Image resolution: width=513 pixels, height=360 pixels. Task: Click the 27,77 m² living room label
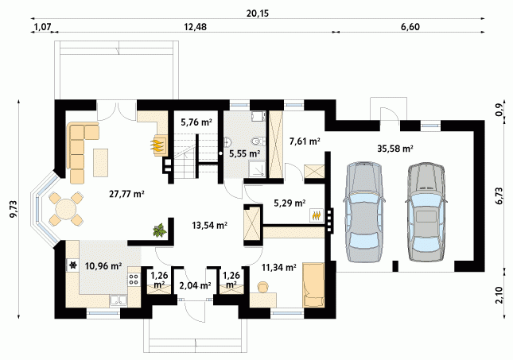point(127,194)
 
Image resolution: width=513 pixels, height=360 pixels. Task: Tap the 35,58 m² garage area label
point(395,149)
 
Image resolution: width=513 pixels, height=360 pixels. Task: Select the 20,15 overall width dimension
point(258,14)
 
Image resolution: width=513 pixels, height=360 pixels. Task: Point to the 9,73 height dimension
point(14,209)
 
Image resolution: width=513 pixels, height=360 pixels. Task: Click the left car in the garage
point(363,211)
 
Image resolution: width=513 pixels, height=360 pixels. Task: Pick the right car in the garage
point(425,211)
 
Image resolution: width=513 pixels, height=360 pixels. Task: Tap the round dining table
point(65,209)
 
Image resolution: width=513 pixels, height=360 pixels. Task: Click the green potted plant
point(160,230)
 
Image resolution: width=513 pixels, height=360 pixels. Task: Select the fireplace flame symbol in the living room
point(157,145)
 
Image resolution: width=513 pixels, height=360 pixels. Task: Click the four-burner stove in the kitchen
point(134,280)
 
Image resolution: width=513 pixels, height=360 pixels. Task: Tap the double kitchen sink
point(119,301)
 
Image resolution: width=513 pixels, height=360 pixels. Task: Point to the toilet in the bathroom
point(257,141)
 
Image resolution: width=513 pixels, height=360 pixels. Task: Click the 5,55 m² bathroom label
point(245,153)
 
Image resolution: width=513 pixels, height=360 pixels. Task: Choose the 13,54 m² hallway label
point(209,225)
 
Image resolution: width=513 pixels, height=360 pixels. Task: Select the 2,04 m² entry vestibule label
point(195,285)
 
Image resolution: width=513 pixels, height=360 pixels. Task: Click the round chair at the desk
point(262,286)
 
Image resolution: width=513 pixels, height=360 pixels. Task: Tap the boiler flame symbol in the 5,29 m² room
point(317,216)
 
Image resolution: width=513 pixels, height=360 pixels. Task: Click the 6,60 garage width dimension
point(410,27)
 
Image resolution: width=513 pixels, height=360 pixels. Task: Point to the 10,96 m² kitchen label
point(103,266)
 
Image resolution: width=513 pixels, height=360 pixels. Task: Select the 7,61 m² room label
point(305,141)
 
